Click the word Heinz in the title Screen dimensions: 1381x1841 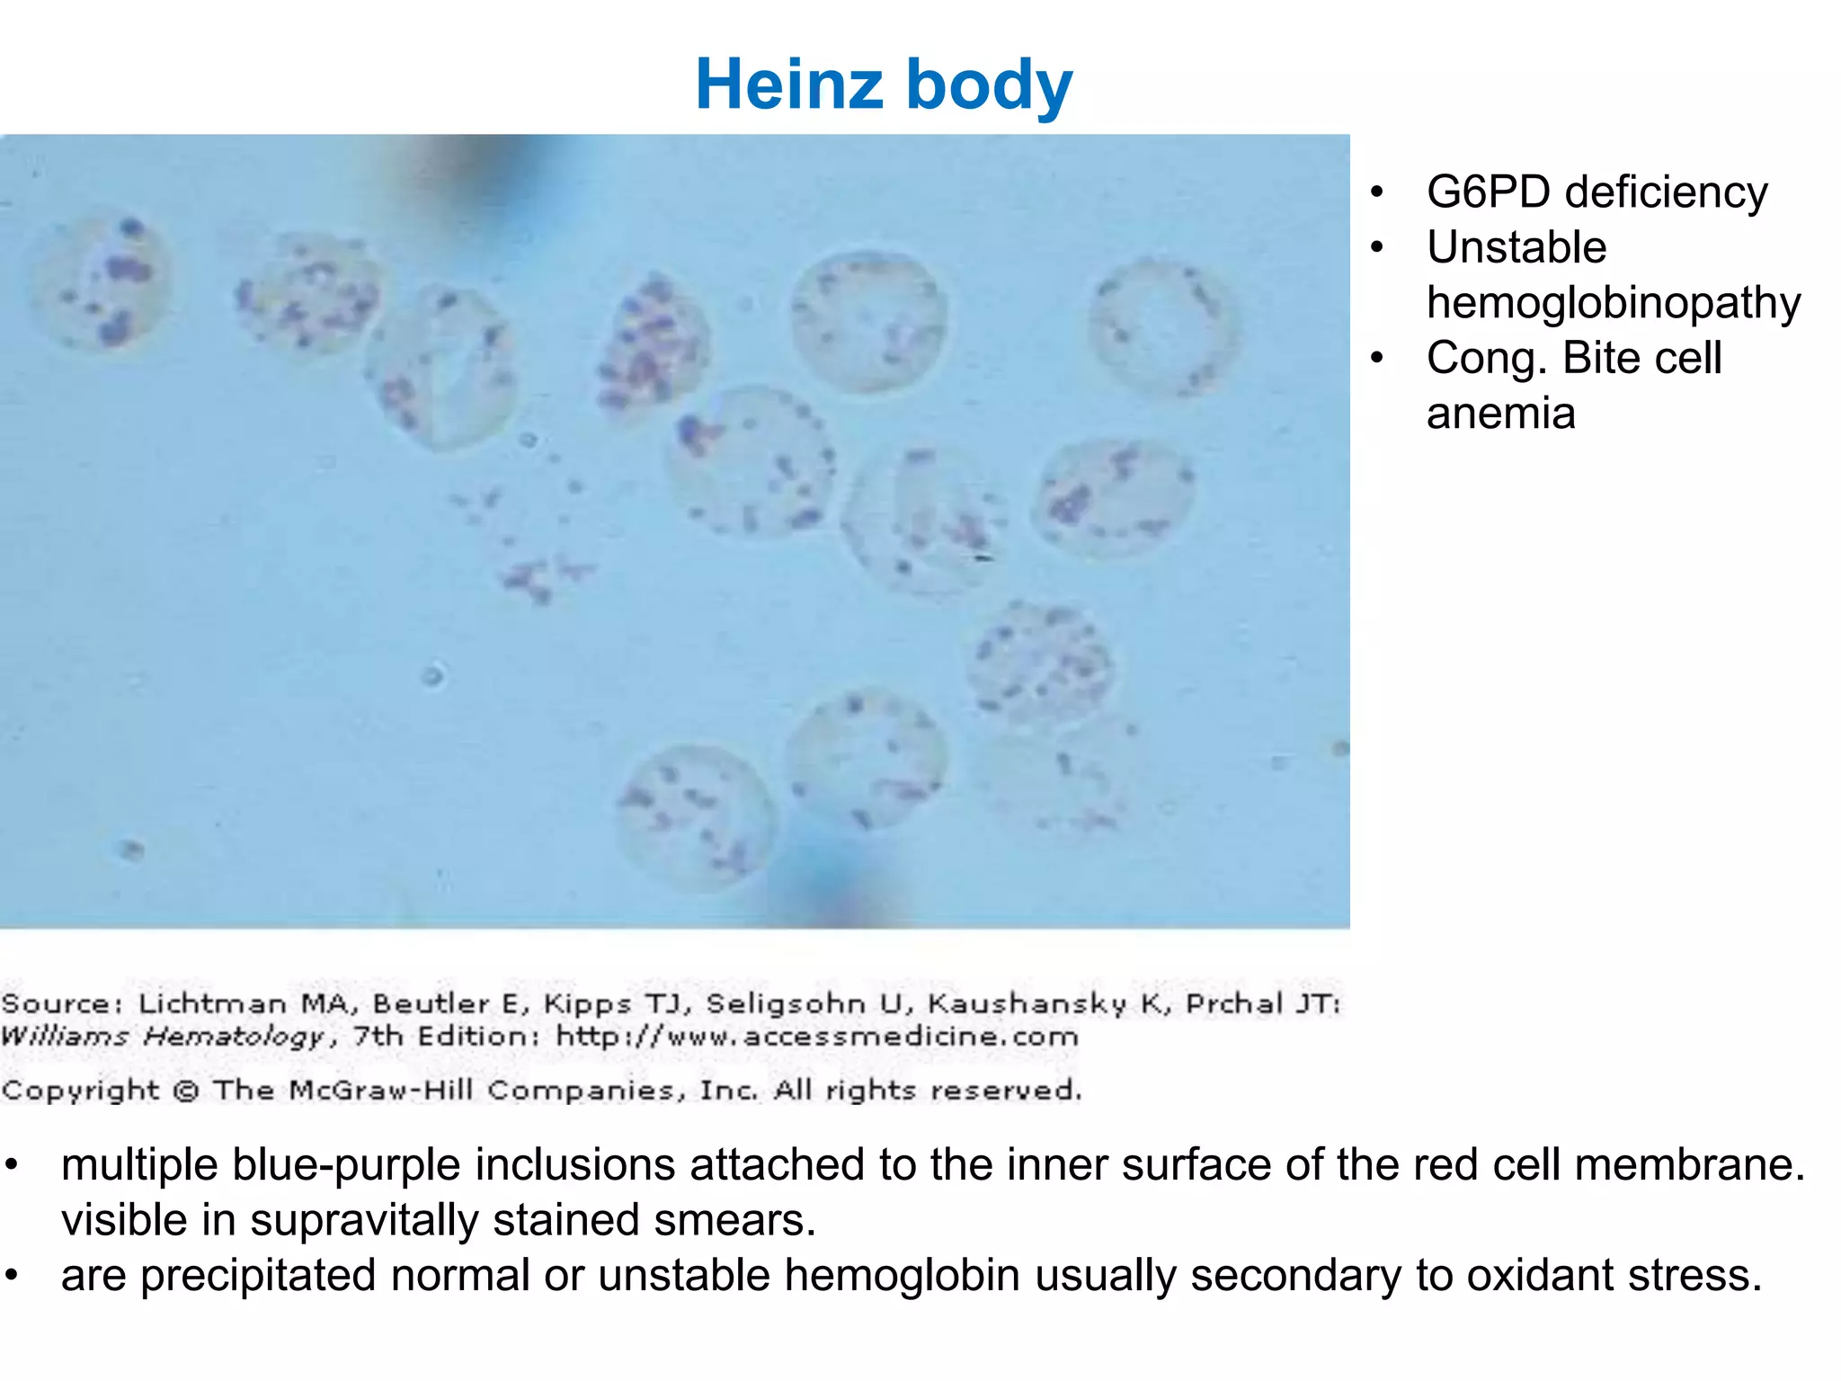[x=790, y=84]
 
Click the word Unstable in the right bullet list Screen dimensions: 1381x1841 [x=1516, y=247]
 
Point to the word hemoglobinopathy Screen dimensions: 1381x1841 [x=1614, y=302]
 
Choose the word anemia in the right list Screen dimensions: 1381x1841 [x=1500, y=414]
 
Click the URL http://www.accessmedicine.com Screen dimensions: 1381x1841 [x=817, y=1037]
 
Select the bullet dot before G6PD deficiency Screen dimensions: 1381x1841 [x=1377, y=192]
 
